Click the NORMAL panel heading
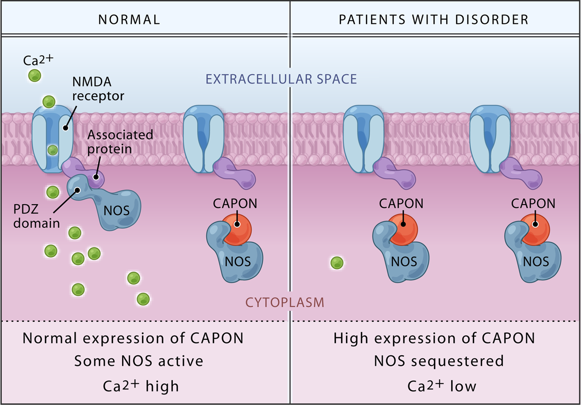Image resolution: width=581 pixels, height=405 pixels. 129,19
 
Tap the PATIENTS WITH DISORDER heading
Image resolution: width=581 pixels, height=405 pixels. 433,19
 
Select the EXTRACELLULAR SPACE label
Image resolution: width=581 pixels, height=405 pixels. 281,79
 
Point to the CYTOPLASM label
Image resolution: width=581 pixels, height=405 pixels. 285,302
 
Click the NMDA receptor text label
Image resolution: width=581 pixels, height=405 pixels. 98,89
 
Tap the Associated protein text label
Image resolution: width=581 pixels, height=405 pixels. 120,142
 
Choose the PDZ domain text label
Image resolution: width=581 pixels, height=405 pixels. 36,216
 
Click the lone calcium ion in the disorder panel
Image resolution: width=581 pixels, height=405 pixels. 337,263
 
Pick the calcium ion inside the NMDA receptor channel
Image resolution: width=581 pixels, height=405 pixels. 53,150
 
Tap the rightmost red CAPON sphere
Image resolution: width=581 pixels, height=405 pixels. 535,229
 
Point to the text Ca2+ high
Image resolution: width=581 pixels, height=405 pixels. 141,386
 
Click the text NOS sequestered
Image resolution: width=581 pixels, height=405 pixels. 439,361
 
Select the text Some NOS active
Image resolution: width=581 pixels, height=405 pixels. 139,361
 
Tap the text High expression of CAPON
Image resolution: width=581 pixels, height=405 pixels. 434,338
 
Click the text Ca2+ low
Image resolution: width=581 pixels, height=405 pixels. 441,386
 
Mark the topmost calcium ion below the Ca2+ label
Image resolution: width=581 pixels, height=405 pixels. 34,75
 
